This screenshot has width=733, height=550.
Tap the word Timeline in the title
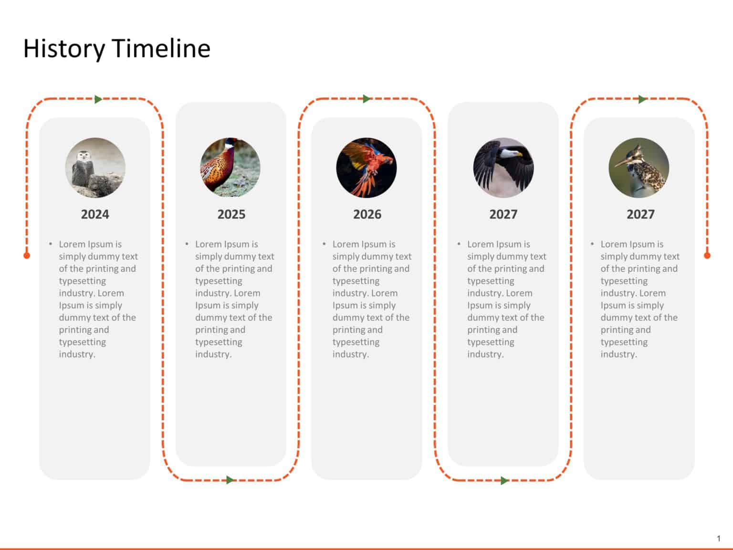coord(161,49)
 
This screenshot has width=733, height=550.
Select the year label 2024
coord(95,214)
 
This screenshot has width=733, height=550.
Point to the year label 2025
coord(231,214)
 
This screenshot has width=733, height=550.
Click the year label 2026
coord(367,214)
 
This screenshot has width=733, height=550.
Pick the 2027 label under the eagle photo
coord(503,214)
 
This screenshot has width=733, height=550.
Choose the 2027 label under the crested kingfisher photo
coord(640,214)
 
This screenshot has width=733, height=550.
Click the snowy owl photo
coord(95,168)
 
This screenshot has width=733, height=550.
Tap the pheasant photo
coord(230,168)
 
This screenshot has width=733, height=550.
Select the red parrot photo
coord(366,168)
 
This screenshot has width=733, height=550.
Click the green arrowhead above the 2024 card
coord(98,99)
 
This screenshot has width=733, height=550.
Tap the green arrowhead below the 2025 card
coord(230,480)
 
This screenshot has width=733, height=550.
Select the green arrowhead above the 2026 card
coord(366,99)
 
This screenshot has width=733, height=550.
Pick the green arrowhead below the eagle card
coord(504,480)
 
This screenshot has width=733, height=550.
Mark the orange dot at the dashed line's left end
coord(27,255)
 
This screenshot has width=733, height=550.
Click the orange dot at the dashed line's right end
coord(707,255)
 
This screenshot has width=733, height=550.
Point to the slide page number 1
coord(719,539)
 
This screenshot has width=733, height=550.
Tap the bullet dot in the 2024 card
coord(51,244)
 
